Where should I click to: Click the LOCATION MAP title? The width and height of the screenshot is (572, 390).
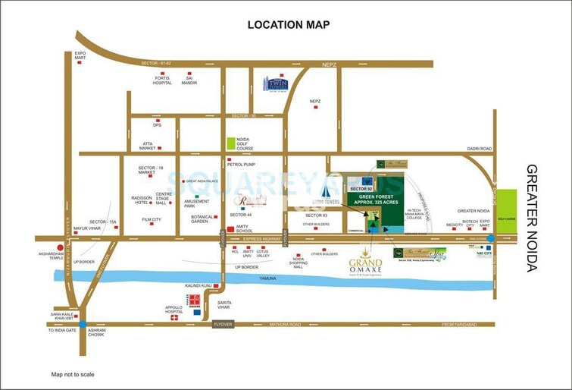tap(289, 25)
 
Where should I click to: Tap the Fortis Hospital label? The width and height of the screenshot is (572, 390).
tap(162, 80)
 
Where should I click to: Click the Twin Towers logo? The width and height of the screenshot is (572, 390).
tap(276, 83)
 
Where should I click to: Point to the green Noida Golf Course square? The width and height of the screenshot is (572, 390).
tap(231, 142)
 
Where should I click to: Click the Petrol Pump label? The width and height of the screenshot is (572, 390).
tap(241, 163)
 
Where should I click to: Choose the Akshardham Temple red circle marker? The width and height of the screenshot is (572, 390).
tap(60, 247)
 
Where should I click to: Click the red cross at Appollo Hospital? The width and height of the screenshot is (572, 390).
tap(174, 318)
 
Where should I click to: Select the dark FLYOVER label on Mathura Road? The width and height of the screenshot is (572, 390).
tap(223, 324)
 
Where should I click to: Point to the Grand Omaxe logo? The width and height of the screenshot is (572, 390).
tap(365, 262)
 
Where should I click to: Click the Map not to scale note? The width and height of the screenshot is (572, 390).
tap(73, 375)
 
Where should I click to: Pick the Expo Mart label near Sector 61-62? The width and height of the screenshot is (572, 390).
tap(79, 56)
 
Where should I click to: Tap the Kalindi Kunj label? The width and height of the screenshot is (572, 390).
tap(196, 286)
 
